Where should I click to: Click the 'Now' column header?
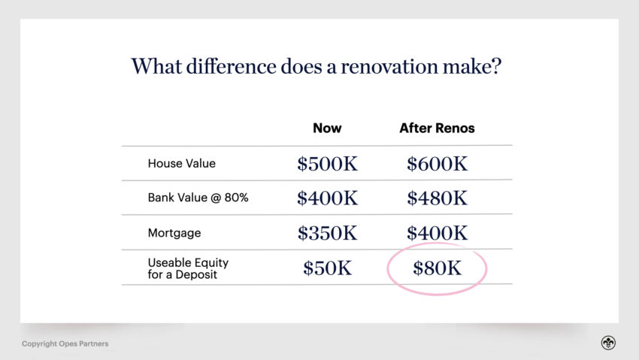click(327, 128)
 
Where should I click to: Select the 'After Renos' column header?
click(437, 128)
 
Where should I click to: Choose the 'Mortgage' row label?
click(174, 233)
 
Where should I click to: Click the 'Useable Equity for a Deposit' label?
click(188, 268)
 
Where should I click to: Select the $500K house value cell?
click(327, 163)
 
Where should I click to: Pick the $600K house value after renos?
click(437, 163)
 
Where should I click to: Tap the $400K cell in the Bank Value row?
click(327, 198)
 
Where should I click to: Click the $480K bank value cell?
click(437, 198)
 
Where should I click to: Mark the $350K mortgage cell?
click(327, 233)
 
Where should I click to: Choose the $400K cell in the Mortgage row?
click(437, 233)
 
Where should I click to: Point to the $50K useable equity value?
click(327, 268)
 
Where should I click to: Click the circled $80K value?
click(437, 268)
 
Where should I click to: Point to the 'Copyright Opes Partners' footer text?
click(65, 344)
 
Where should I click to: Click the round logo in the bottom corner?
click(607, 343)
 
